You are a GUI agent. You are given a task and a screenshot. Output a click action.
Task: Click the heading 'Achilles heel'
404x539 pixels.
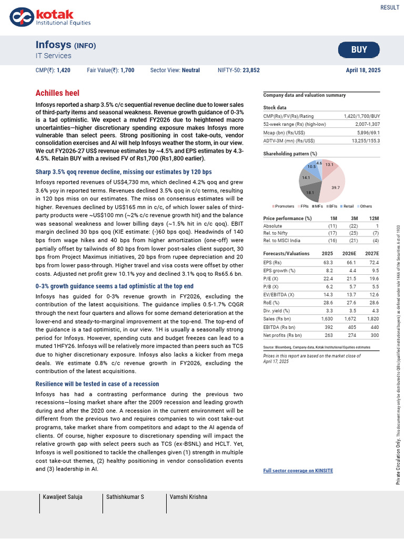57,93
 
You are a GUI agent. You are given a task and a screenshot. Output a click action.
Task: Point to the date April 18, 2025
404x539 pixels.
363,70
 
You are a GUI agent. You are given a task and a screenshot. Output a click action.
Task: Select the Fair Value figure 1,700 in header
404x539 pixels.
127,70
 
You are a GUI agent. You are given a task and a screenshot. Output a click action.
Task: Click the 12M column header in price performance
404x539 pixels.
374,218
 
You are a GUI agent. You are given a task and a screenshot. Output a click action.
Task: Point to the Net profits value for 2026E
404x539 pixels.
351,334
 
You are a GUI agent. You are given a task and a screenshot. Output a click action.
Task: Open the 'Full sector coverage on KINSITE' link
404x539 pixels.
298,471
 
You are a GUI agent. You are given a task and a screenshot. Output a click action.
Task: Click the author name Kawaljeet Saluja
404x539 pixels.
63,497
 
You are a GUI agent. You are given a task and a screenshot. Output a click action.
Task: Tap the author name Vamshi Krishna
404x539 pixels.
188,497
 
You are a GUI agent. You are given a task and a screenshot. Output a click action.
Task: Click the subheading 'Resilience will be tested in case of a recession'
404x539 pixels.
97,384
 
